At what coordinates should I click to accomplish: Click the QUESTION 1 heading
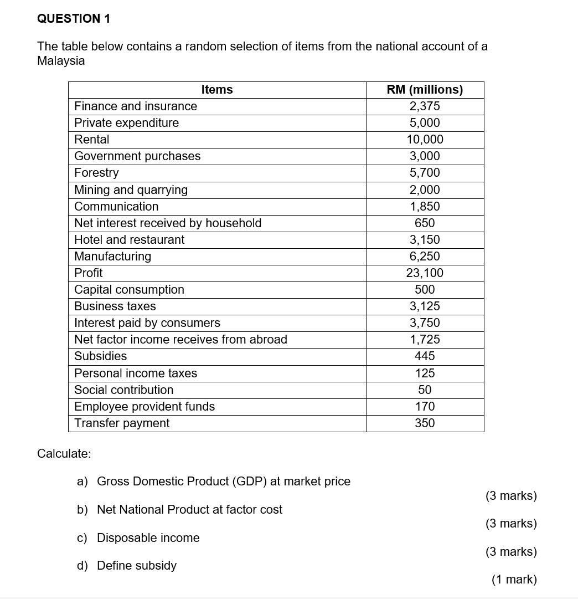[74, 19]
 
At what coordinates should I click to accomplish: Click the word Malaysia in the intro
[61, 61]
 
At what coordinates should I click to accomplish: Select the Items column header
[217, 90]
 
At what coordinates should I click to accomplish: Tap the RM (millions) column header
[425, 90]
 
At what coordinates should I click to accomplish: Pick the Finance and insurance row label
[136, 106]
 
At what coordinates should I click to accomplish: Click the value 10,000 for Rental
[425, 140]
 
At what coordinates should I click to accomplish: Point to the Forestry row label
[96, 173]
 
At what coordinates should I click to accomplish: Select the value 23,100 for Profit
[425, 273]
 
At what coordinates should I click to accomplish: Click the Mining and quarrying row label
[131, 190]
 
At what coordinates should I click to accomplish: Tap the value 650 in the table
[425, 223]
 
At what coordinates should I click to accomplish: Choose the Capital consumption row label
[129, 290]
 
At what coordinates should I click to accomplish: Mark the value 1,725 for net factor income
[425, 340]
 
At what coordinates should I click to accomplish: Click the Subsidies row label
[100, 356]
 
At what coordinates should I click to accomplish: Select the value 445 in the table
[425, 356]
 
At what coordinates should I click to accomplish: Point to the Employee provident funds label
[144, 407]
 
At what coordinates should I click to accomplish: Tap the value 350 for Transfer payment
[425, 423]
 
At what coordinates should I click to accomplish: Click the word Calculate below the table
[64, 454]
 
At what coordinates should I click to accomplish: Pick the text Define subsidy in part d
[137, 566]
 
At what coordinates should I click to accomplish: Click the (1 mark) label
[514, 580]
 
